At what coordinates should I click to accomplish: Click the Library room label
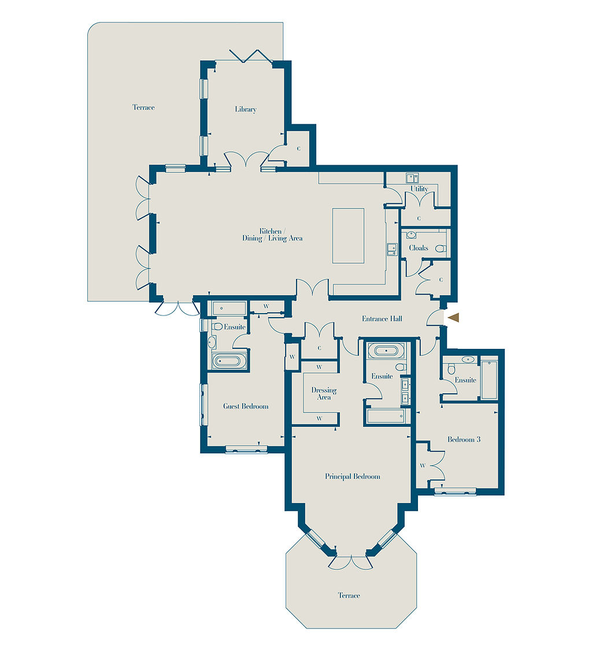pyautogui.click(x=246, y=109)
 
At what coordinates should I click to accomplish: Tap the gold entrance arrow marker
pyautogui.click(x=454, y=318)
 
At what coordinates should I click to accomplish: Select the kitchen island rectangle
pyautogui.click(x=348, y=236)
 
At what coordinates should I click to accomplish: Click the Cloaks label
pyautogui.click(x=419, y=248)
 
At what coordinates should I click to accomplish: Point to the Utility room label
pyautogui.click(x=419, y=189)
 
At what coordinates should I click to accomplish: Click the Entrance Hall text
pyautogui.click(x=382, y=319)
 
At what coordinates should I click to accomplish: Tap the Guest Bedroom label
pyautogui.click(x=246, y=406)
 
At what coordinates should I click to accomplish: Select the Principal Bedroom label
pyautogui.click(x=352, y=476)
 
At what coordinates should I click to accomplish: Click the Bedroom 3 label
pyautogui.click(x=464, y=439)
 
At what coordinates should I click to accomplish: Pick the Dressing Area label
pyautogui.click(x=324, y=393)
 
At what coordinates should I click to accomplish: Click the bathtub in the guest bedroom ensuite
pyautogui.click(x=227, y=360)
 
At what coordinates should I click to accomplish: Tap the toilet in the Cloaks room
pyautogui.click(x=441, y=249)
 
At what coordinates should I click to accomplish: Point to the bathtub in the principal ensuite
pyautogui.click(x=386, y=351)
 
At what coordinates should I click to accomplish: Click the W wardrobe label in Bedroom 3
pyautogui.click(x=423, y=466)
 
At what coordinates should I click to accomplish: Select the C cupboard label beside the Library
pyautogui.click(x=299, y=148)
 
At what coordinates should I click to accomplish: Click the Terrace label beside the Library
pyautogui.click(x=143, y=107)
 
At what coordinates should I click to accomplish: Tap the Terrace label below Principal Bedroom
pyautogui.click(x=349, y=596)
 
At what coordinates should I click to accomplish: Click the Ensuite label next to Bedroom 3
pyautogui.click(x=465, y=380)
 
